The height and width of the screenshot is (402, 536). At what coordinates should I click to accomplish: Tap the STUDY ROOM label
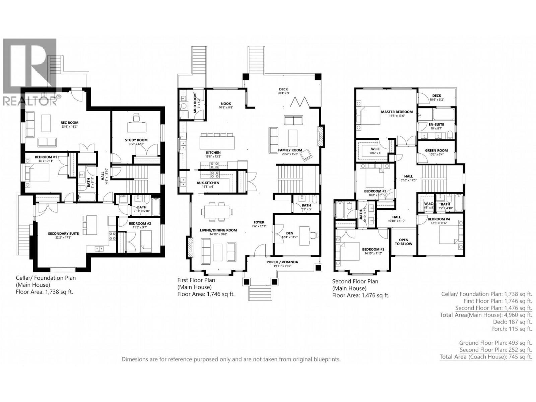136,140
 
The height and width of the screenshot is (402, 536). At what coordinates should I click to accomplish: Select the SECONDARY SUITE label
63,233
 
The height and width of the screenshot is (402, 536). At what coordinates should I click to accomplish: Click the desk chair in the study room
136,117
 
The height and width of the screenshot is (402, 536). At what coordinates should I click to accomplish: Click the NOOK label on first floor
226,104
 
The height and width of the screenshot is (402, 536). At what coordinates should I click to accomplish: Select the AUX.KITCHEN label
208,183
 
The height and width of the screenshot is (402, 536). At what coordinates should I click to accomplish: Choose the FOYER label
259,222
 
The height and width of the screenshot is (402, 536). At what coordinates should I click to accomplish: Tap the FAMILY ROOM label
290,150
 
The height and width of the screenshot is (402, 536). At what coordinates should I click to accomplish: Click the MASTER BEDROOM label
397,112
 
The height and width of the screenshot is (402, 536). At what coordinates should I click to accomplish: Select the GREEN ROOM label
436,150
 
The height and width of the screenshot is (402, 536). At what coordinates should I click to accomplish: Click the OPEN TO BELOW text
403,242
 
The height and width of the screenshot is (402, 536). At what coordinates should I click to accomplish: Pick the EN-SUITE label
437,124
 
